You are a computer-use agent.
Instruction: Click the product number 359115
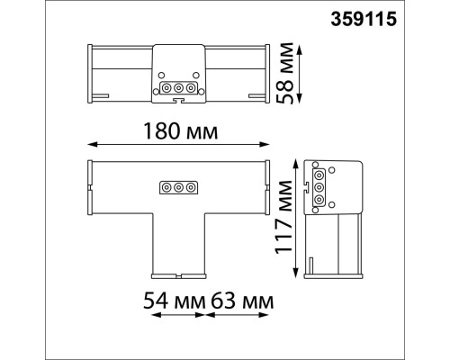click(364, 19)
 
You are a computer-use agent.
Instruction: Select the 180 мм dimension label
click(181, 131)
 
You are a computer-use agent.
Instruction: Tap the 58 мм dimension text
click(284, 73)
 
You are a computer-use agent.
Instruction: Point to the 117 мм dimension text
click(283, 217)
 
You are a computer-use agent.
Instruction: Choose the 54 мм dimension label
click(175, 301)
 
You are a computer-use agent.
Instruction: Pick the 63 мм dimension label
click(242, 301)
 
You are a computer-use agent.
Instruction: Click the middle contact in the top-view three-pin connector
click(178, 88)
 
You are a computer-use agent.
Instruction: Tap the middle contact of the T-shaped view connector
click(178, 188)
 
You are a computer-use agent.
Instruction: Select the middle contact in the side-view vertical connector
click(319, 187)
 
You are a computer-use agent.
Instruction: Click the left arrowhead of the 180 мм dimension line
click(91, 145)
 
